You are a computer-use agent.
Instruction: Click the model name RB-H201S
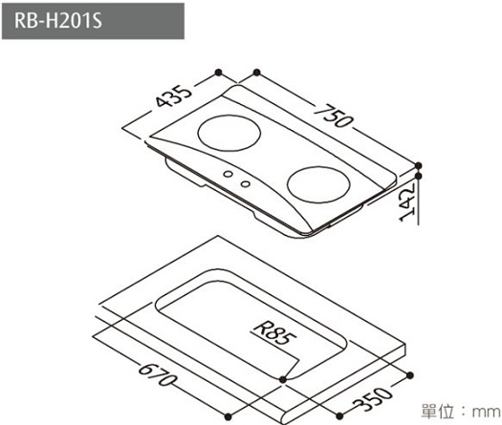pyautogui.click(x=58, y=21)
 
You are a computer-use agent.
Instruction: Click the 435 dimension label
pyautogui.click(x=174, y=96)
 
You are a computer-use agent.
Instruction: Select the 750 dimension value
pyautogui.click(x=334, y=116)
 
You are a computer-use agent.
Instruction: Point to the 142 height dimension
pyautogui.click(x=407, y=203)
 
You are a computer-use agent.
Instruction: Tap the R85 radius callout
pyautogui.click(x=274, y=334)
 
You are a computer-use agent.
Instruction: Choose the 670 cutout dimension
pyautogui.click(x=157, y=374)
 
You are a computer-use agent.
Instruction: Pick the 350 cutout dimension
pyautogui.click(x=373, y=399)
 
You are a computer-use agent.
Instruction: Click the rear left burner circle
pyautogui.click(x=229, y=133)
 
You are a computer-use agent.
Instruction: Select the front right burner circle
pyautogui.click(x=318, y=184)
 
